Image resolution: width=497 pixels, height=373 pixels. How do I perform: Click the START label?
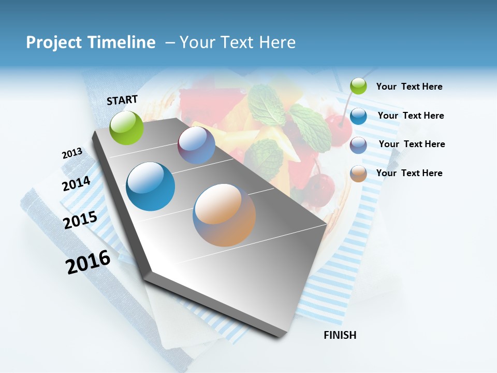[x=122, y=100]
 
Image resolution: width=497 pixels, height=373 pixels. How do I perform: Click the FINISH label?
[x=340, y=335]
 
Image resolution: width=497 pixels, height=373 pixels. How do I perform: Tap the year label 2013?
[x=72, y=153]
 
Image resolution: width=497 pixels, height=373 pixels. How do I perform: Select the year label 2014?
[x=76, y=183]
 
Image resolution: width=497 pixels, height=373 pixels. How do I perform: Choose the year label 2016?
[x=88, y=262]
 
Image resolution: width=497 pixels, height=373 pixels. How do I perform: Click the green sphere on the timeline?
[x=127, y=127]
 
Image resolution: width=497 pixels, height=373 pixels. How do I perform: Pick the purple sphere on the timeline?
[x=196, y=146]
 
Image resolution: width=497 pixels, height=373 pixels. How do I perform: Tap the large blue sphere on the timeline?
[x=151, y=187]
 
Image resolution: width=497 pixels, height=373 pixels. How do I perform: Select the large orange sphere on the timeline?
[x=224, y=215]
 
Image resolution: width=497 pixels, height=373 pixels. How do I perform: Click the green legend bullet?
[x=358, y=87]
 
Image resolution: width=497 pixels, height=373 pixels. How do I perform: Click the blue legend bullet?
[x=358, y=116]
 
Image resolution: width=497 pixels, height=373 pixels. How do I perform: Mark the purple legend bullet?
[x=358, y=145]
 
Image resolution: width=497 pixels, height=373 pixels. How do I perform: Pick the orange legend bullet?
[x=358, y=174]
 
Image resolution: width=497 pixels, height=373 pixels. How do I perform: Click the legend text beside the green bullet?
[x=409, y=87]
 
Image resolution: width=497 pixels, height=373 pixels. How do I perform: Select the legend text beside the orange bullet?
[x=409, y=173]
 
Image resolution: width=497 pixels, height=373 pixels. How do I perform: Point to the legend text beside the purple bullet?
[x=412, y=144]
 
